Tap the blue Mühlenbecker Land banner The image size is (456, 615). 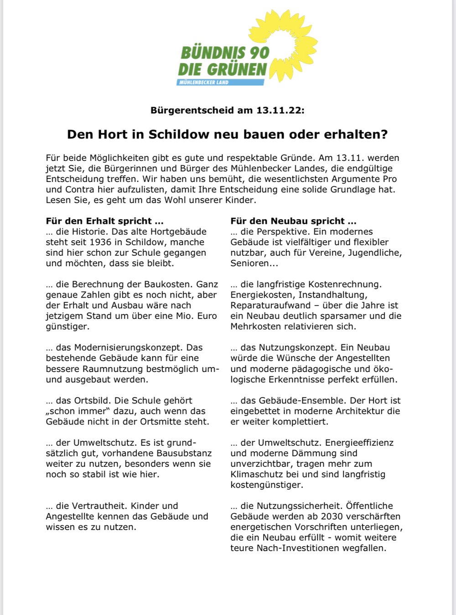[x=220, y=83]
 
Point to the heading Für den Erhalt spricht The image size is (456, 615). [x=104, y=221]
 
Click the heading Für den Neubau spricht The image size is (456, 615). [x=293, y=221]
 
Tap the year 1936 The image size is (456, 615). [x=100, y=242]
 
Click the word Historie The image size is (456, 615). [x=89, y=232]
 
